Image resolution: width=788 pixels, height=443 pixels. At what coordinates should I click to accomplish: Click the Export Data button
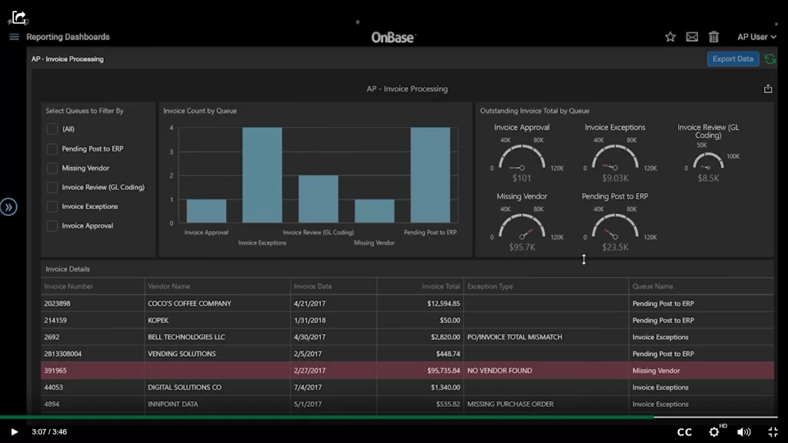pos(733,59)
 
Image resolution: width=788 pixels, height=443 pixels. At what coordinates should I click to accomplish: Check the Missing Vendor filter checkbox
pos(52,168)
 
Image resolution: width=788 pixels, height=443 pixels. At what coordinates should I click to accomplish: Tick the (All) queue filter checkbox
pos(52,129)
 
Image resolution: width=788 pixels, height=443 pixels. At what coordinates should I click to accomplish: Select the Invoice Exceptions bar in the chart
pos(262,175)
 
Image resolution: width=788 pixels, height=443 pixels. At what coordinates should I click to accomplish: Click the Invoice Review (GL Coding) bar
pos(319,199)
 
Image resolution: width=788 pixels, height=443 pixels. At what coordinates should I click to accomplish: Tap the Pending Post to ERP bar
pos(430,175)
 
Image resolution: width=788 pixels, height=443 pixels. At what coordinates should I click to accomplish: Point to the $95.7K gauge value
pos(521,247)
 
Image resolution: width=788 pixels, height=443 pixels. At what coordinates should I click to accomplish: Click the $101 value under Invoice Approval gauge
pos(521,178)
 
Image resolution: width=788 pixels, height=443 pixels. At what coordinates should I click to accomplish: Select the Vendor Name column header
pos(169,286)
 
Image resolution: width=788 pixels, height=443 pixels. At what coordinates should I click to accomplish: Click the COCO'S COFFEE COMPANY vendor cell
pos(189,303)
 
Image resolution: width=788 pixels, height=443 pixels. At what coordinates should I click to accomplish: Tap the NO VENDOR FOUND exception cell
pos(499,371)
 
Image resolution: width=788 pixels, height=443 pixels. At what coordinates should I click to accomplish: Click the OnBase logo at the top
pos(392,37)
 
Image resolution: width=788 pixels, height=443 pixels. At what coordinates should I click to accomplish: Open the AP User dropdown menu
pos(756,37)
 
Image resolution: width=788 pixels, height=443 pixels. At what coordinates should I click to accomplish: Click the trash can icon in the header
pos(713,37)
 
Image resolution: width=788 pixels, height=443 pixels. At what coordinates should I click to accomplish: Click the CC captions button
pos(684,432)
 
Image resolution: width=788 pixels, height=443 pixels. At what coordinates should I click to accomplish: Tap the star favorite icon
pos(670,37)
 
